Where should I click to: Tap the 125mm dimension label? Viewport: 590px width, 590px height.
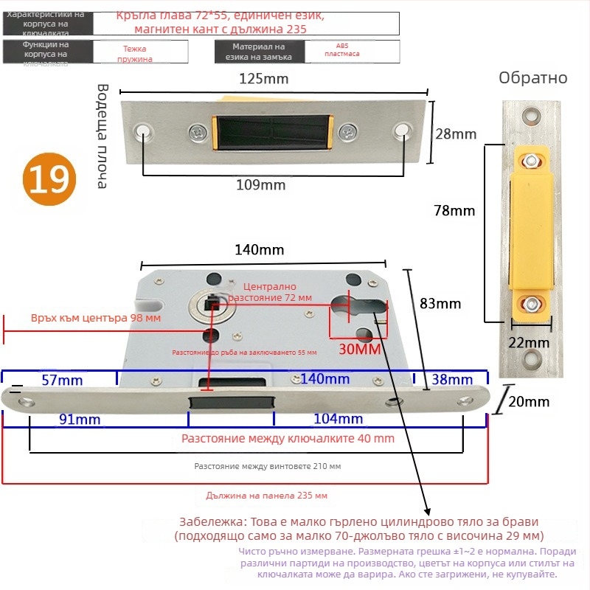[x=263, y=79]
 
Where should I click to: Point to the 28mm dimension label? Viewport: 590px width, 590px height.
[x=455, y=133]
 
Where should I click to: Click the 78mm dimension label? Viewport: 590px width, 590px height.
[x=454, y=211]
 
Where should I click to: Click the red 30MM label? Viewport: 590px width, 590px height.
[x=359, y=348]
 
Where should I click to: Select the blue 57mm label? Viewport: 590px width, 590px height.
[x=62, y=380]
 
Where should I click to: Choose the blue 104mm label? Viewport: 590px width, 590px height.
[x=339, y=419]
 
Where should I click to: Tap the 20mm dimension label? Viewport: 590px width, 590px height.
[x=529, y=401]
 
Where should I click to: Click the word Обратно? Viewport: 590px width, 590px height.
[x=532, y=78]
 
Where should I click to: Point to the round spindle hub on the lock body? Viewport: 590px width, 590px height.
[x=209, y=305]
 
